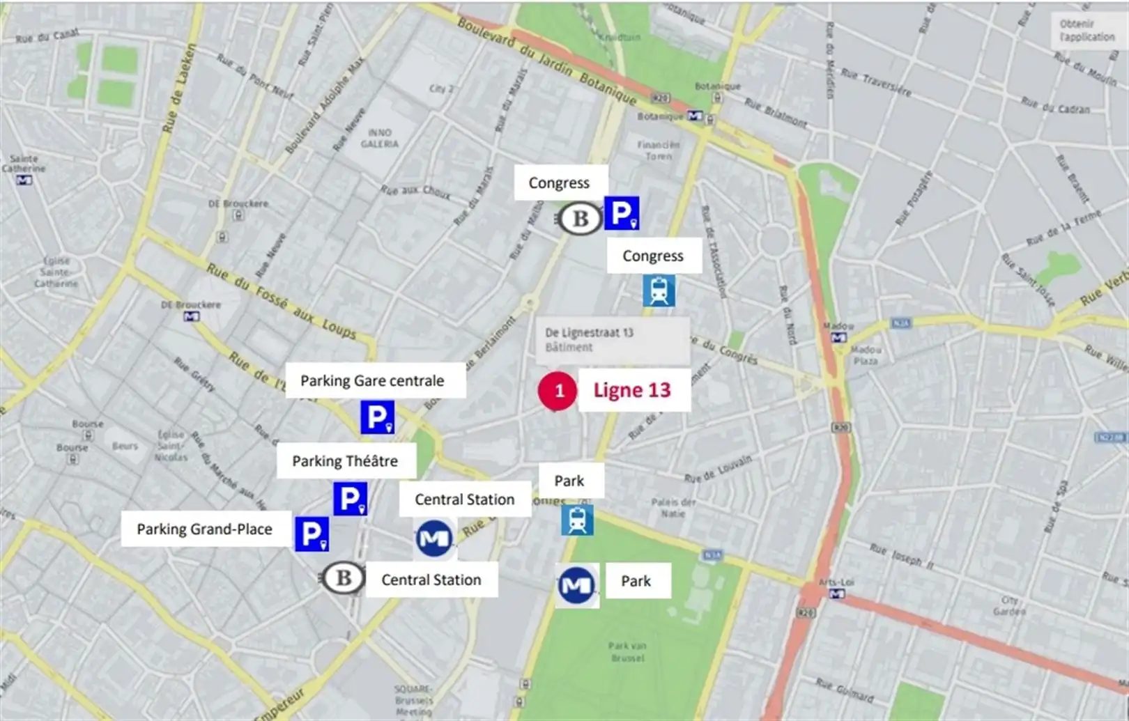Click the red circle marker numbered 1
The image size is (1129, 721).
(x=558, y=391)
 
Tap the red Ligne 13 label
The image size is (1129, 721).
(x=632, y=390)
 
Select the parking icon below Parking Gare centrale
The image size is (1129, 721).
(x=377, y=417)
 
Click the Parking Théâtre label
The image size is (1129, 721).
(x=345, y=461)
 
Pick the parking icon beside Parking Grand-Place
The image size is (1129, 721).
(x=312, y=534)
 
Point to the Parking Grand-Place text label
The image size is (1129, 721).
(x=204, y=529)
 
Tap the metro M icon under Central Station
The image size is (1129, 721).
(x=434, y=538)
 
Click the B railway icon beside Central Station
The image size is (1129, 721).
(x=343, y=577)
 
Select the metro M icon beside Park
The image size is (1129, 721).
(x=576, y=585)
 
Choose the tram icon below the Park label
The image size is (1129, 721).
(x=577, y=520)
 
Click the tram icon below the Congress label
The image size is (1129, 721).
(x=659, y=290)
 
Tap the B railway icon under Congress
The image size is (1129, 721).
(x=580, y=219)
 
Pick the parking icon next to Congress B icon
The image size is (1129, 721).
(x=621, y=213)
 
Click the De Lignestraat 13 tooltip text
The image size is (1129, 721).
(x=590, y=333)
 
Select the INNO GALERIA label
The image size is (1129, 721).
(x=380, y=138)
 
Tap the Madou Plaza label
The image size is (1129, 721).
(x=866, y=355)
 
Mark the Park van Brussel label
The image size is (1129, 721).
(x=627, y=651)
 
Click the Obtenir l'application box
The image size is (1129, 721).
(x=1086, y=31)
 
